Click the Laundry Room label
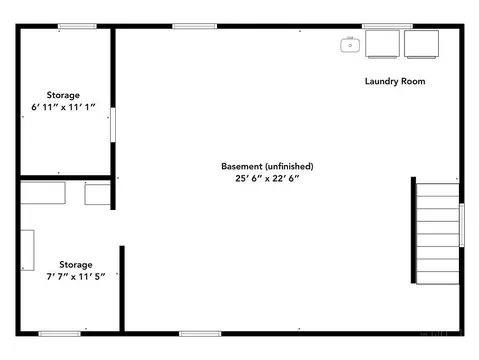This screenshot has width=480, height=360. click(395, 81)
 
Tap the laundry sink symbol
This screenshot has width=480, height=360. click(350, 45)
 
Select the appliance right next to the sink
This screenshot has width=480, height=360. click(382, 44)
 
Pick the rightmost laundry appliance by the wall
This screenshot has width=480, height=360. click(421, 44)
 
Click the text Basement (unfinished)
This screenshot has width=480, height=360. click(267, 166)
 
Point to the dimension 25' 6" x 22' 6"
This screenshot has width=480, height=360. click(267, 178)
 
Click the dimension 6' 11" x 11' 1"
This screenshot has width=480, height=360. click(63, 107)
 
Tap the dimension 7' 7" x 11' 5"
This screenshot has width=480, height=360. click(76, 276)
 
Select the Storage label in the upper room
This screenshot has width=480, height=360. click(63, 95)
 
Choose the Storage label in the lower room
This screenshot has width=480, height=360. click(76, 265)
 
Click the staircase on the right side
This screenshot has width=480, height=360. click(438, 233)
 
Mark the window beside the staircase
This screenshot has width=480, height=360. click(462, 225)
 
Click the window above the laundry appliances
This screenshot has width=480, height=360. click(387, 26)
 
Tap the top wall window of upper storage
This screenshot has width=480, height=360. click(77, 26)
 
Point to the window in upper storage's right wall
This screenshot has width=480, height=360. click(113, 125)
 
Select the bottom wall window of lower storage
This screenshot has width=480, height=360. click(60, 334)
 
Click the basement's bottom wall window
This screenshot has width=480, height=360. click(200, 334)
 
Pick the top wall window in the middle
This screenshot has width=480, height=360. click(195, 26)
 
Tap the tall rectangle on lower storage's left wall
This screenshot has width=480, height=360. click(27, 250)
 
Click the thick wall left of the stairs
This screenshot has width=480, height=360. click(413, 230)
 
